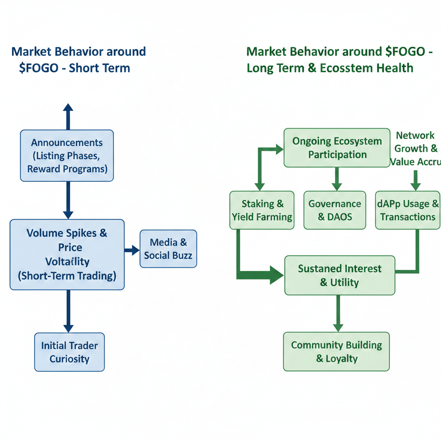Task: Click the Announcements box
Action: (67, 155)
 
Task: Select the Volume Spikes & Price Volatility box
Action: (67, 254)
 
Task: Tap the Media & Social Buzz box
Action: (168, 248)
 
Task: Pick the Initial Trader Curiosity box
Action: (69, 352)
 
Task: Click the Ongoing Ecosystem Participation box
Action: (337, 148)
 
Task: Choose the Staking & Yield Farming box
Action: (262, 210)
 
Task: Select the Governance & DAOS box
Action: (335, 210)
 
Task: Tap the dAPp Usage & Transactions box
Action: (407, 210)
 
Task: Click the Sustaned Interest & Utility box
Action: (339, 276)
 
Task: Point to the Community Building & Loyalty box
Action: (336, 351)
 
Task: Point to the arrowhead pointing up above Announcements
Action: (68, 109)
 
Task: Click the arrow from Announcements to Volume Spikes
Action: (68, 199)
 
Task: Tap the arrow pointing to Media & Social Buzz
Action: (132, 250)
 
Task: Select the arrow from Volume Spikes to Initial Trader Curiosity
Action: (68, 310)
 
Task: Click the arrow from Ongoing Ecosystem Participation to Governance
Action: (337, 178)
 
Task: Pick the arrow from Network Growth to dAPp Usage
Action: (415, 180)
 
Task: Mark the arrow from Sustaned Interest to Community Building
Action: (338, 313)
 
